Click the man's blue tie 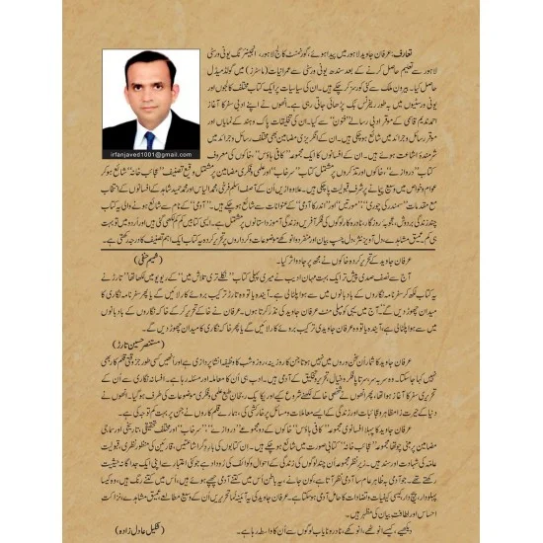[x=150, y=140]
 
